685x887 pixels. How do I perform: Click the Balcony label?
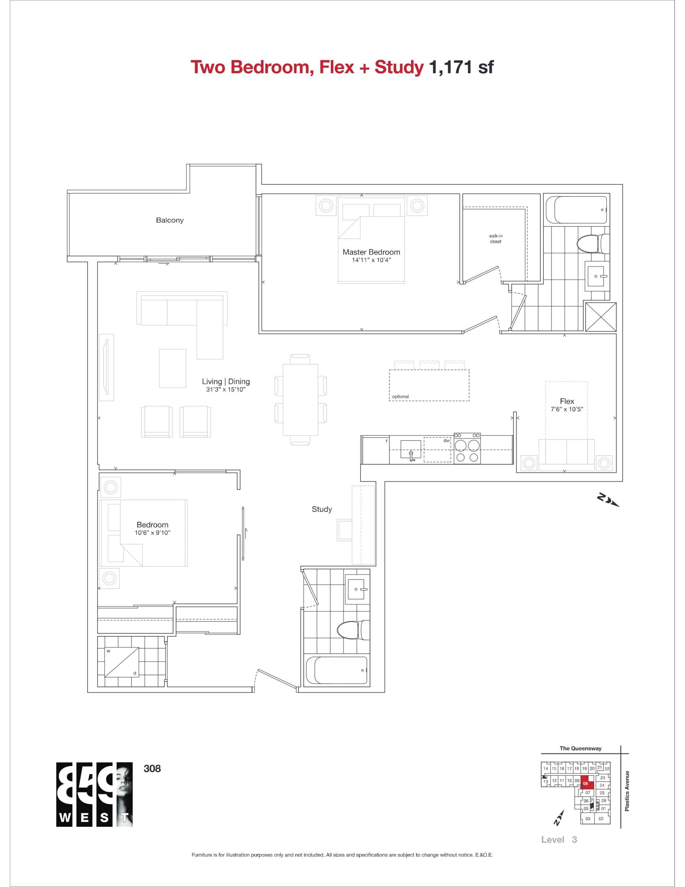170,220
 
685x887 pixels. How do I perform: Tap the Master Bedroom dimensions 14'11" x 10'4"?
371,260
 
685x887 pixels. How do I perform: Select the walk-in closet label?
495,239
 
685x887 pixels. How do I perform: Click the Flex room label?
567,401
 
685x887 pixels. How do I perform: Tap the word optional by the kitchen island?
400,396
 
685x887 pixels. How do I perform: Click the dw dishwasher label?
447,440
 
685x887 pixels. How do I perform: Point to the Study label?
322,509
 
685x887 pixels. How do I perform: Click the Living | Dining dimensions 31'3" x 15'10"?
226,389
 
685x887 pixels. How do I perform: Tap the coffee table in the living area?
172,368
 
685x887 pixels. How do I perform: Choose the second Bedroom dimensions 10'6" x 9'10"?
152,533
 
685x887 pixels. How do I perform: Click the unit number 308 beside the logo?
152,769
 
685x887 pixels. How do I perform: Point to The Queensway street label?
580,748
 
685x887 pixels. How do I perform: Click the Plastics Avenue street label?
627,791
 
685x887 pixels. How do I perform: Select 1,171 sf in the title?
461,67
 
